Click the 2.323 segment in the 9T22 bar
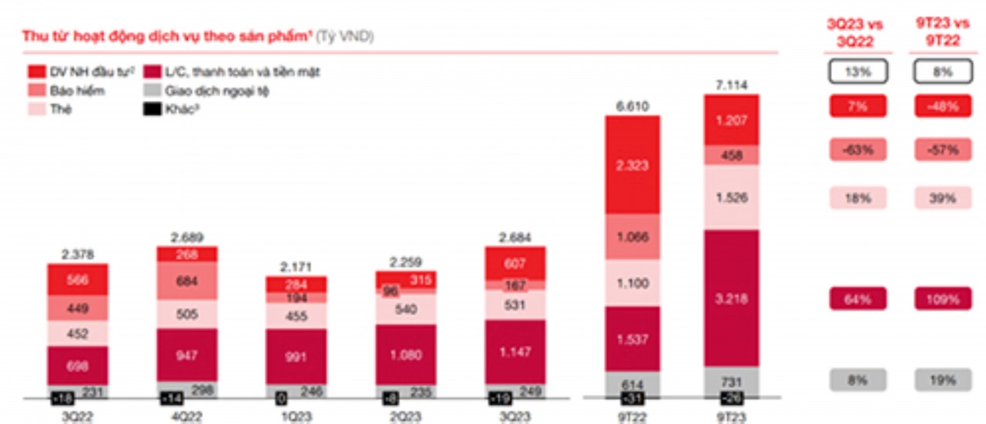pyautogui.click(x=632, y=165)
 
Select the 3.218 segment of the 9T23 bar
pyautogui.click(x=731, y=298)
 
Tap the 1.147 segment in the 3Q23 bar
pyautogui.click(x=515, y=352)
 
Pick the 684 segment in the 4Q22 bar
pyautogui.click(x=186, y=281)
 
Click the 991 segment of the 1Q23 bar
pyautogui.click(x=296, y=357)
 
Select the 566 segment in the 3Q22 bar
pyautogui.click(x=77, y=281)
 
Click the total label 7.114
pyautogui.click(x=731, y=85)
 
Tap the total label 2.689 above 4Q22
pyautogui.click(x=186, y=237)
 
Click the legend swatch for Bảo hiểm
pyautogui.click(x=36, y=91)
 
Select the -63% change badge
pyautogui.click(x=858, y=150)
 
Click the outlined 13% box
pyautogui.click(x=858, y=72)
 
